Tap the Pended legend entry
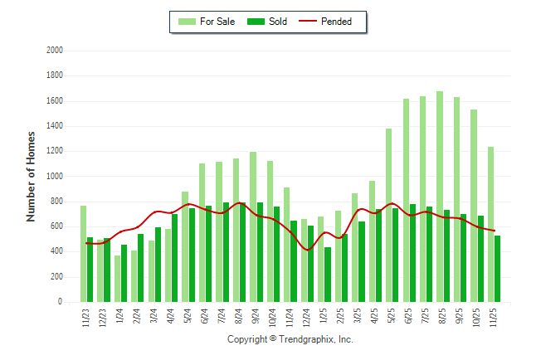pyautogui.click(x=332, y=22)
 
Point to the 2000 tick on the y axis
pyautogui.click(x=55, y=51)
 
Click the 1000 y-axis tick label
pyautogui.click(x=55, y=177)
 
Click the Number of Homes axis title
pyautogui.click(x=32, y=176)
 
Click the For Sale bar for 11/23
pyautogui.click(x=83, y=254)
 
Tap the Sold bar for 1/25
pyautogui.click(x=328, y=275)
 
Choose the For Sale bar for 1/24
pyautogui.click(x=117, y=279)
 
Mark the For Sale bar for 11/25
pyautogui.click(x=490, y=224)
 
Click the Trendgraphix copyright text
pyautogui.click(x=290, y=340)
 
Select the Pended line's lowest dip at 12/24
pyautogui.click(x=307, y=250)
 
